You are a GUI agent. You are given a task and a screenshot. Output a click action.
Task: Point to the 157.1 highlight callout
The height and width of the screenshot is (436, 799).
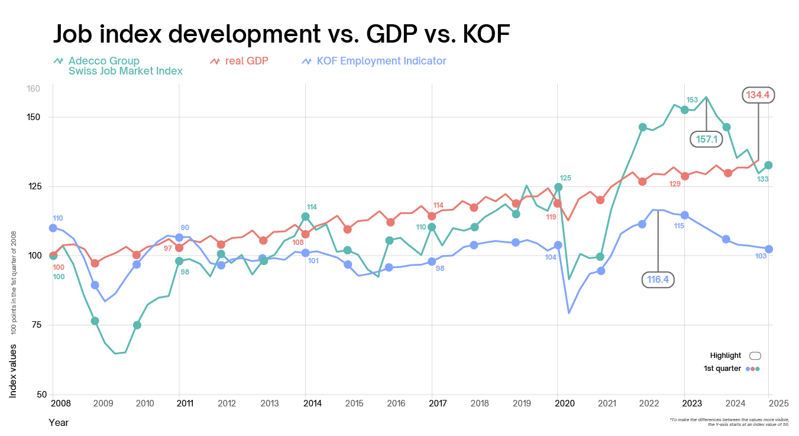707,139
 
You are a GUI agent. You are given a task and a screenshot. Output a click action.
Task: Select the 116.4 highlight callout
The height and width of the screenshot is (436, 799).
658,280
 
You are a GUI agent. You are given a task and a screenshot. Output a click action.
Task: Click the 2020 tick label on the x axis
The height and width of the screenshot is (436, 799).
565,403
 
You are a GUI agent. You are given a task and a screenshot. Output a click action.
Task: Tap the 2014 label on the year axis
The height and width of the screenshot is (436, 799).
312,403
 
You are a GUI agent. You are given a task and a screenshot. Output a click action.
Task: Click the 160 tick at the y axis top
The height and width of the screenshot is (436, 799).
33,89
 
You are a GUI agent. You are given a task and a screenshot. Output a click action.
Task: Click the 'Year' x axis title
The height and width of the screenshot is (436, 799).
59,422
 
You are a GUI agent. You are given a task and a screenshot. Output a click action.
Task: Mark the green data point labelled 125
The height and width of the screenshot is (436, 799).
558,187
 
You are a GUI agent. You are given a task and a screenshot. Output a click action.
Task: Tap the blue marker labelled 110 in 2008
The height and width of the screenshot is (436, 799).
53,228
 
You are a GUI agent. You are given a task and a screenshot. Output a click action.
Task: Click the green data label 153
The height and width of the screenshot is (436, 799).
692,99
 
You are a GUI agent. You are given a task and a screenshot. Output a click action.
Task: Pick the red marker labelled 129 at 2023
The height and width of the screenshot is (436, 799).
685,176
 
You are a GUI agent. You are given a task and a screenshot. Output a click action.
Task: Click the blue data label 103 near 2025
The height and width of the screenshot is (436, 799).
761,256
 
